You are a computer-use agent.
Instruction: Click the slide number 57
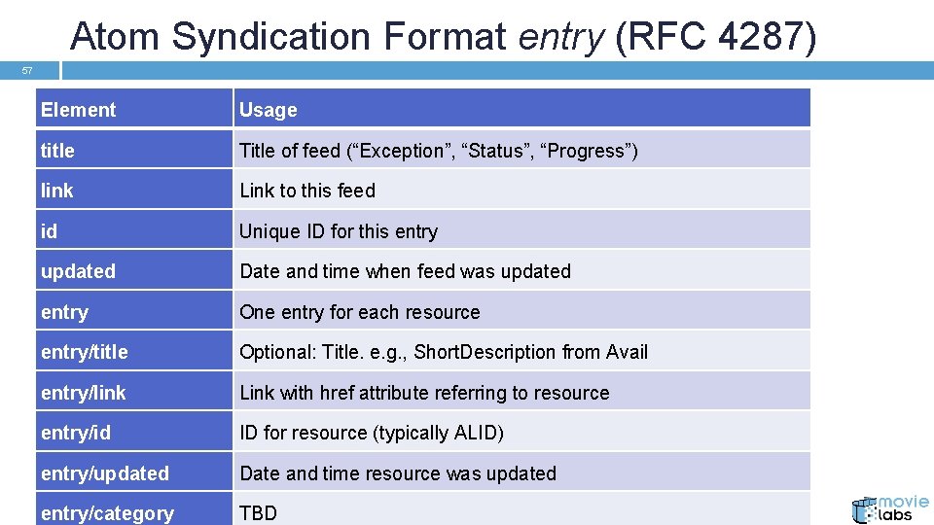pyautogui.click(x=27, y=71)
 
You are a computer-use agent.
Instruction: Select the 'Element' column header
pyautogui.click(x=78, y=110)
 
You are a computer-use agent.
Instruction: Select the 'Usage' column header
pyautogui.click(x=269, y=110)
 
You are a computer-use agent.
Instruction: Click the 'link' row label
pyautogui.click(x=56, y=191)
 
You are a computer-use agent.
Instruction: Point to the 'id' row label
pyautogui.click(x=49, y=231)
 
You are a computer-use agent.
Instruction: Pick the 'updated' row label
pyautogui.click(x=78, y=271)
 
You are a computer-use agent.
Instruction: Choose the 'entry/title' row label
pyautogui.click(x=84, y=352)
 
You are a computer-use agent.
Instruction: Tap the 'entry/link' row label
pyautogui.click(x=83, y=393)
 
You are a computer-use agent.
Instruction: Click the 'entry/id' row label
pyautogui.click(x=76, y=433)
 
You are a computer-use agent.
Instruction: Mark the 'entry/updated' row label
pyautogui.click(x=105, y=473)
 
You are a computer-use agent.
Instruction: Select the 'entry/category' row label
pyautogui.click(x=107, y=513)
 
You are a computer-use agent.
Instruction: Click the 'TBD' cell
pyautogui.click(x=259, y=513)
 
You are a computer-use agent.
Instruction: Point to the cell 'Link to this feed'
pyautogui.click(x=307, y=191)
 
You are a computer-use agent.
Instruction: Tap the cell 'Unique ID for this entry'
pyautogui.click(x=339, y=231)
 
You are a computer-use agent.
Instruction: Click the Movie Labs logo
pyautogui.click(x=889, y=507)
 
